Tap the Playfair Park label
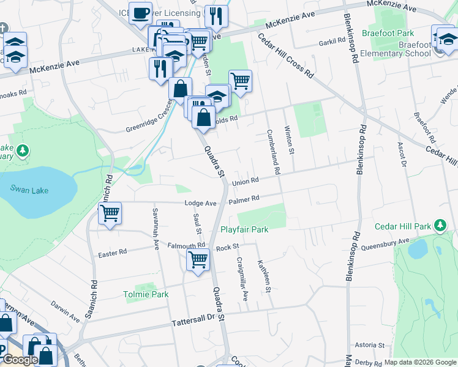244,230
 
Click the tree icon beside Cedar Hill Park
439,226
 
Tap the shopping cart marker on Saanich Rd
109,214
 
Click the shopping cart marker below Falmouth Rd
198,260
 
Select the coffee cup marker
140,12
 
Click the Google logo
20,360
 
